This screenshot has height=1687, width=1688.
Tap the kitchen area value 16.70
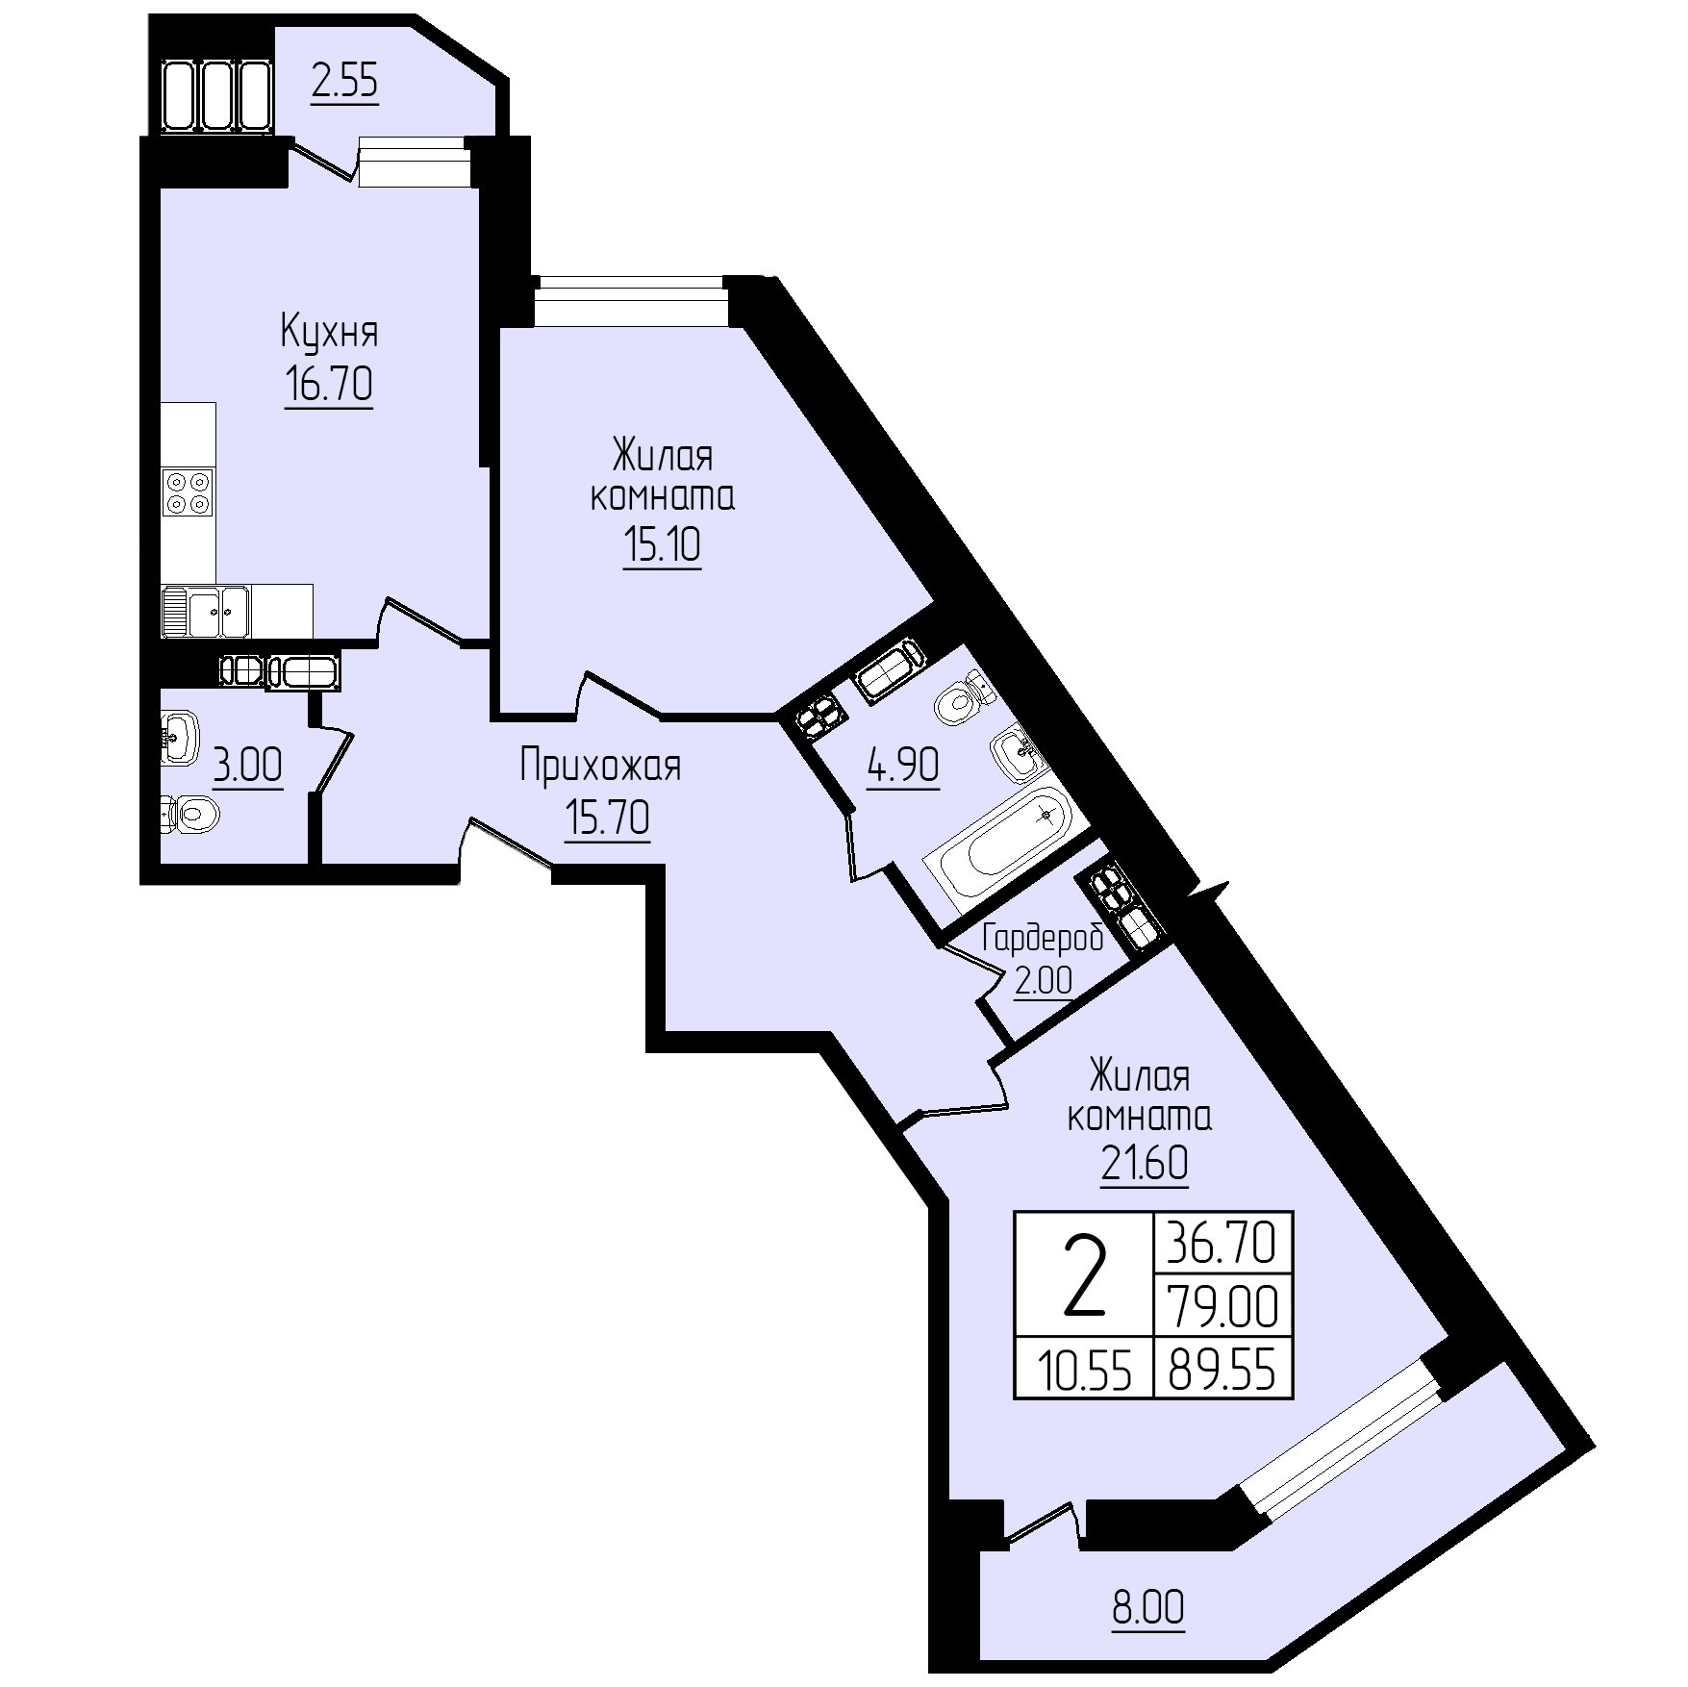coord(329,385)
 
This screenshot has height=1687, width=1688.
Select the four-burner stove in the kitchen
coord(188,491)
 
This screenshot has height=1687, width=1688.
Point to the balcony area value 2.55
coord(345,83)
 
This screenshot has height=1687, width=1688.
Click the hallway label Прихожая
coord(600,768)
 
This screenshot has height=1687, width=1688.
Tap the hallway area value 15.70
coord(607,818)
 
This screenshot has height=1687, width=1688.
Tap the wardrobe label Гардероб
coord(1043,940)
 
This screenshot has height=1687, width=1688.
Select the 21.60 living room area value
coord(1144,1165)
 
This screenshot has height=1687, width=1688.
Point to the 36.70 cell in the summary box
coord(1222,1243)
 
